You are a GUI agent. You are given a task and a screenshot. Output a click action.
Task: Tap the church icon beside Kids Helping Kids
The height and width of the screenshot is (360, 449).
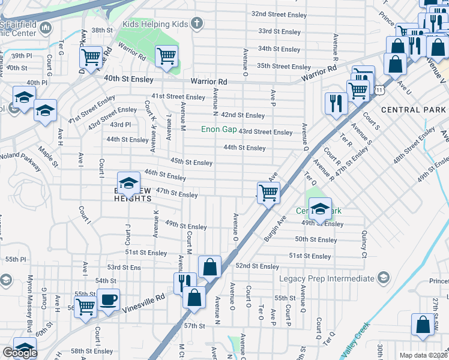click(x=196, y=24)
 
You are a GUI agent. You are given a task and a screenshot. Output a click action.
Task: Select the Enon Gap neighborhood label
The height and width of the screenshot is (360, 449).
click(x=218, y=129)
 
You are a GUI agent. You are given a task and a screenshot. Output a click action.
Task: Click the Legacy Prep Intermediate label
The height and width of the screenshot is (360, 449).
click(x=327, y=278)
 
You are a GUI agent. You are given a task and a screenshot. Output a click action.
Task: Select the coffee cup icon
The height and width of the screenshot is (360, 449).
click(x=109, y=300)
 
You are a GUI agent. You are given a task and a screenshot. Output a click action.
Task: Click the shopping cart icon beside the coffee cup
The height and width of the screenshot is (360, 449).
click(x=86, y=306)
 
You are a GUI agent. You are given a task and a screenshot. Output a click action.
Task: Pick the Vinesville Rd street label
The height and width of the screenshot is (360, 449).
click(x=144, y=303)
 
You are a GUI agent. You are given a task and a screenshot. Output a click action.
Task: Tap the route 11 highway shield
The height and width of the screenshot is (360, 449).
click(x=379, y=89)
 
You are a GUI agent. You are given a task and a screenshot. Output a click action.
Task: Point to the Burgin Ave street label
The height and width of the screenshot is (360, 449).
click(x=275, y=229)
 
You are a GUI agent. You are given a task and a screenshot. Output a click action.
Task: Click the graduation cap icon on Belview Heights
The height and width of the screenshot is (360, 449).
click(x=128, y=183)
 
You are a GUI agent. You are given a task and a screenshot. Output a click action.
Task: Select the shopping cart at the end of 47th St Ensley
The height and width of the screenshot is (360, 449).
click(x=268, y=193)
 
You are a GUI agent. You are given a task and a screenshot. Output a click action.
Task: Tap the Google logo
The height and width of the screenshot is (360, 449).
click(x=20, y=353)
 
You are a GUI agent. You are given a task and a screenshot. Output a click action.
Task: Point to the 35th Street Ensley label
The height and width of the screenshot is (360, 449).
click(x=284, y=67)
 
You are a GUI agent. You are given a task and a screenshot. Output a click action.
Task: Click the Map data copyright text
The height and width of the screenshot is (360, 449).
click(x=424, y=355)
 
